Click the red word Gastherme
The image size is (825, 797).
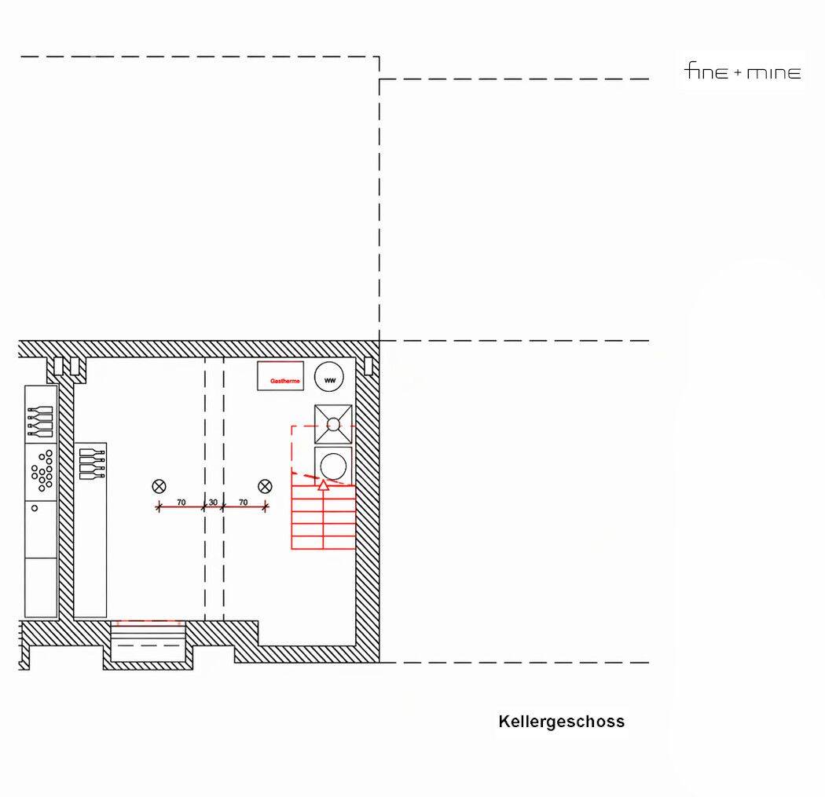285,381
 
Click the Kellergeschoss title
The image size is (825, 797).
561,721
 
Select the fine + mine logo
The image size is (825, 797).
742,73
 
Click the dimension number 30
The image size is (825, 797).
213,502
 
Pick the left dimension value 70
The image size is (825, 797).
181,502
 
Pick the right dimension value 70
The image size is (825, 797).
243,502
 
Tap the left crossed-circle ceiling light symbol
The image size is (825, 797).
159,486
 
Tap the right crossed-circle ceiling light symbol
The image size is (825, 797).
265,486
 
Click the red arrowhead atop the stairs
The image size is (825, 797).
322,485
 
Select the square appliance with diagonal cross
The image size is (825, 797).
333,424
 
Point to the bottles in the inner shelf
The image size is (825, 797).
92,463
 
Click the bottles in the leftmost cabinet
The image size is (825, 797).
41,421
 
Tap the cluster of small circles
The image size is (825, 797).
42,468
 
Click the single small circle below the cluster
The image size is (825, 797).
35,508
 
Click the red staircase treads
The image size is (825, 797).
322,518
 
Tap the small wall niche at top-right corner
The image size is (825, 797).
368,366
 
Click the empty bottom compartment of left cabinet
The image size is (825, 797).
41,587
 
